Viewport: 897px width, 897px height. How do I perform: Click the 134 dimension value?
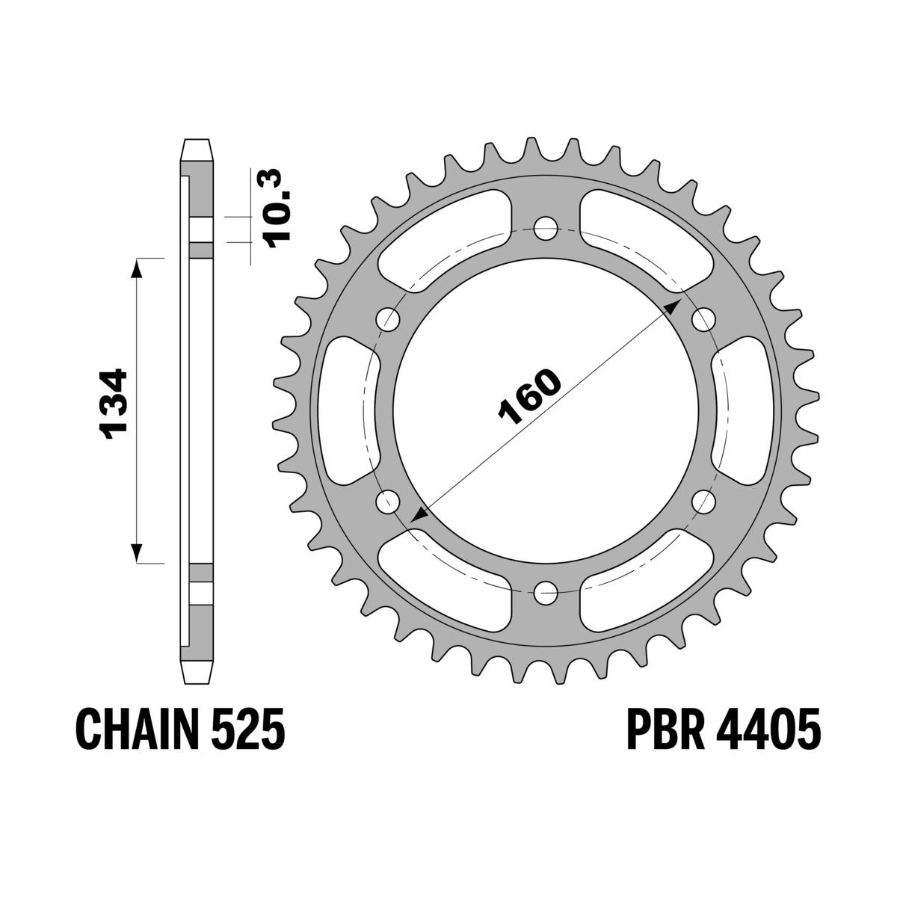pos(116,404)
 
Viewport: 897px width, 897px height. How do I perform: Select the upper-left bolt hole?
pos(389,319)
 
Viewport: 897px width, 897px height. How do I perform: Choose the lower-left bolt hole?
pos(389,502)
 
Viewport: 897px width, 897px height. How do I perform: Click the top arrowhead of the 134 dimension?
pos(137,268)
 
